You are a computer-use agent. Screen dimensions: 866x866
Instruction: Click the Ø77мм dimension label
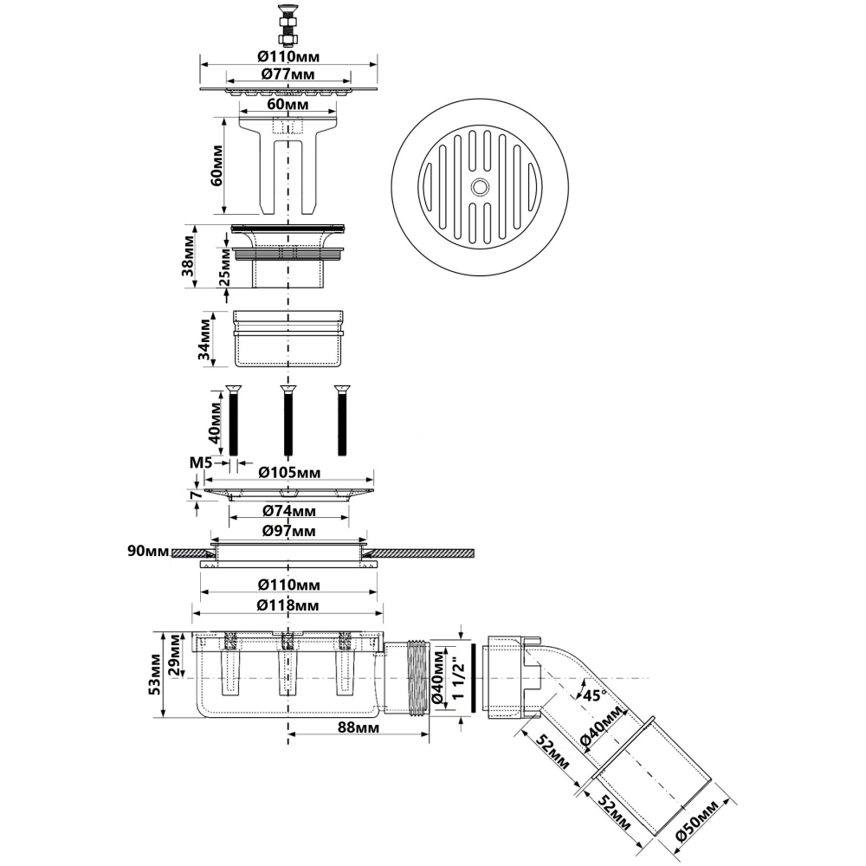(x=288, y=74)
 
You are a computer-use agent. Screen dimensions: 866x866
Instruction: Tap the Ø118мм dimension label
(x=288, y=605)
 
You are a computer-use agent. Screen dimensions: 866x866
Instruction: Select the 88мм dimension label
(x=359, y=727)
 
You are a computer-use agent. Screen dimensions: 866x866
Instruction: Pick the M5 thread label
(x=201, y=462)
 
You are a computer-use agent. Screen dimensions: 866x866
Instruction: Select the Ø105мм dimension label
(x=289, y=473)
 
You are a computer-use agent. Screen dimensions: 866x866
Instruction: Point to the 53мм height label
(x=155, y=674)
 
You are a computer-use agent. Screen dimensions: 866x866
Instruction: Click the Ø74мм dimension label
(x=288, y=511)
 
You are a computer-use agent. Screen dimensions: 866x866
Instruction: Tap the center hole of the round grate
(x=480, y=187)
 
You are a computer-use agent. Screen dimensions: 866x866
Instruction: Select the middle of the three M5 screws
(x=288, y=420)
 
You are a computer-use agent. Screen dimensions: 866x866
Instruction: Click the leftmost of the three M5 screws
(x=233, y=420)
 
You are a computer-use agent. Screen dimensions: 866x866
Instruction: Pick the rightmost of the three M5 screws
(x=342, y=420)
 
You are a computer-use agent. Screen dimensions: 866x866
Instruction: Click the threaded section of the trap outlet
(x=418, y=679)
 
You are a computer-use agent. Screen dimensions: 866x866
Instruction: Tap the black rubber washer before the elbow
(x=474, y=679)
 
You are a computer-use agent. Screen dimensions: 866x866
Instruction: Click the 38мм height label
(x=190, y=255)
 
